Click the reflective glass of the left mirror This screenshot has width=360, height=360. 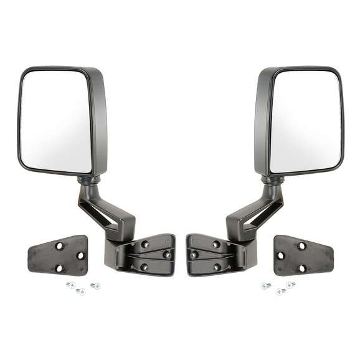[55, 121]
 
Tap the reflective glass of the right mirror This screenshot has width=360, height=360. [305, 121]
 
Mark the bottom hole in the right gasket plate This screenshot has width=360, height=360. [302, 268]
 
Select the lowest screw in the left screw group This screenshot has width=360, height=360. [80, 291]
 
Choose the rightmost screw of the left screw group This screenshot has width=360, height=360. [94, 286]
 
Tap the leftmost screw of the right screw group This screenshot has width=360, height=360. [265, 285]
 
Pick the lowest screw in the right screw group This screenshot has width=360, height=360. [280, 291]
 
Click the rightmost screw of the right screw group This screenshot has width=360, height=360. [290, 285]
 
